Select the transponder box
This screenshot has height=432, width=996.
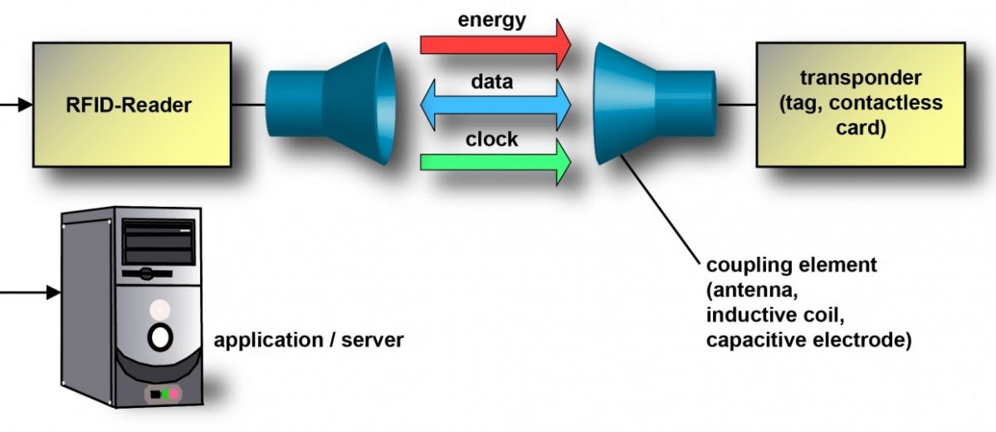860,104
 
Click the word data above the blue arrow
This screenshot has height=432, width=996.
491,81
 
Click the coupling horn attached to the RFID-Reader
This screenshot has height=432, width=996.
328,105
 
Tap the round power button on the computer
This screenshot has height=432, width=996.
159,337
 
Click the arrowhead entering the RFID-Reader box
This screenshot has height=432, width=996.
26,106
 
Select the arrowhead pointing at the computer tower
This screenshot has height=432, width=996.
53,292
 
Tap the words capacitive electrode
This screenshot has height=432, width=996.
808,340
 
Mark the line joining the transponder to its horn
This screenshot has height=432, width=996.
735,105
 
